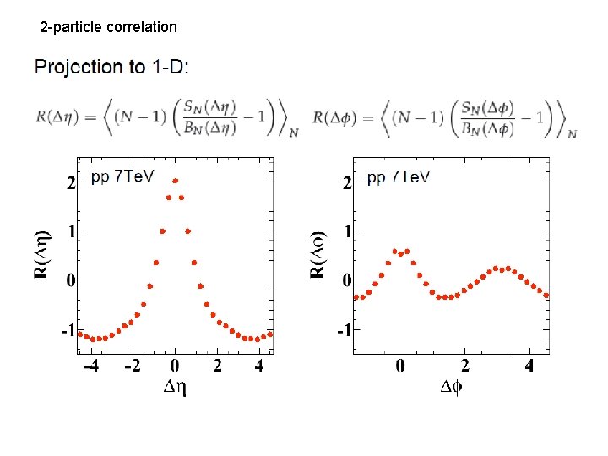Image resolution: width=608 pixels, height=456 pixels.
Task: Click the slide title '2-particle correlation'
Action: tap(109, 27)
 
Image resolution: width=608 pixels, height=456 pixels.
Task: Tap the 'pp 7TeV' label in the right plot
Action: tap(399, 176)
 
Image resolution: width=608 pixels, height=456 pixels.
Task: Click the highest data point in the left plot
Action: tap(175, 181)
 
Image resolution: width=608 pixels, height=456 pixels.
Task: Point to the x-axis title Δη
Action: tap(175, 387)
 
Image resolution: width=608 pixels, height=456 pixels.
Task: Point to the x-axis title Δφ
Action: tap(452, 387)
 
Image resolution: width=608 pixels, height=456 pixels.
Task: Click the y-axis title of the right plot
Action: tap(318, 255)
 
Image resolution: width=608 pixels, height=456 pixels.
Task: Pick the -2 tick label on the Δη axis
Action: tap(132, 366)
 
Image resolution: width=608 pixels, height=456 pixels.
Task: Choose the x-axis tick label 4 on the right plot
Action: tap(529, 366)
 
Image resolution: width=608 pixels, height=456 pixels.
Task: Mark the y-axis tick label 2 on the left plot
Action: tap(70, 182)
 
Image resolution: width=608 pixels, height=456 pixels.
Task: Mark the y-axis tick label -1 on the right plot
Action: tap(343, 329)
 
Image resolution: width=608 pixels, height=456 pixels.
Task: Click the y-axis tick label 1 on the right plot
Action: tap(346, 231)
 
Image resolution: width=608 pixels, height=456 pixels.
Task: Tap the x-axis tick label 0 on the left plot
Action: tap(175, 366)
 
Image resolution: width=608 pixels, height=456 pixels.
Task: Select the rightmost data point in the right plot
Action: tap(546, 295)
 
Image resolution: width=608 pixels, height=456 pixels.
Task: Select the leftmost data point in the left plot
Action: tap(80, 334)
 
